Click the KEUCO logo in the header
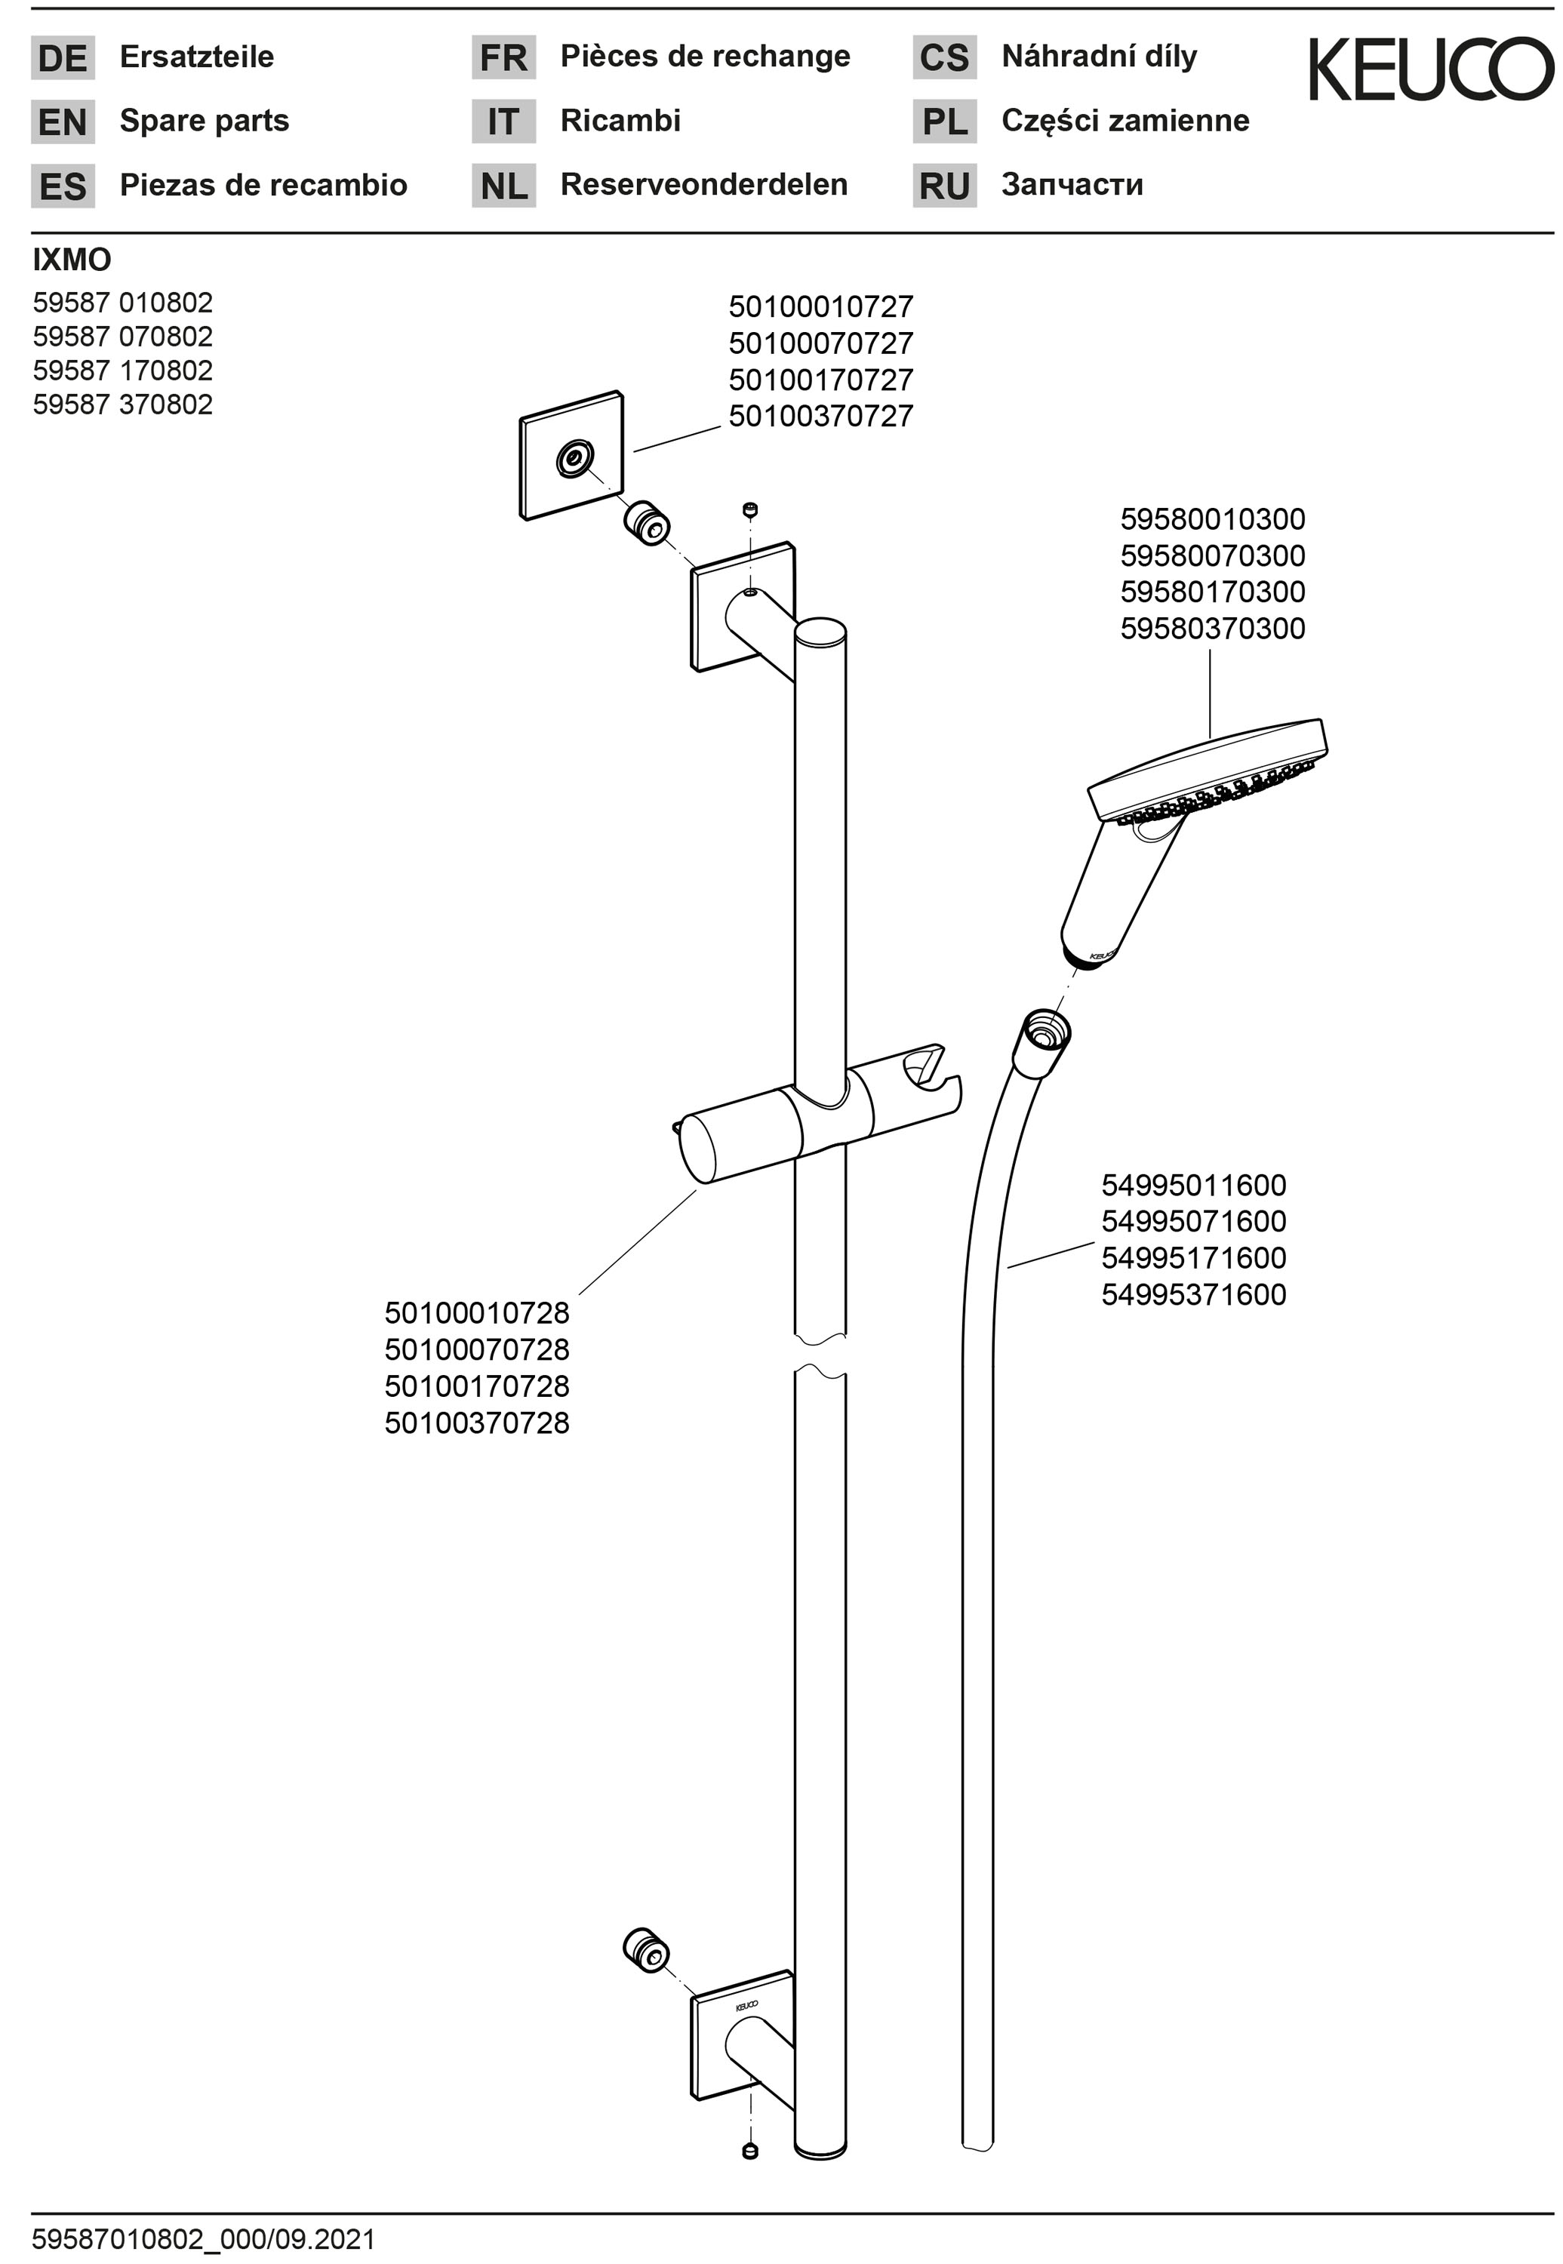click(x=1431, y=69)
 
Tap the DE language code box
click(x=63, y=58)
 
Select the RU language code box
click(x=944, y=185)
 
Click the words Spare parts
click(x=205, y=121)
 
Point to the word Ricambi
click(x=620, y=121)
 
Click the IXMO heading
click(x=72, y=260)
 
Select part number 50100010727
click(x=820, y=306)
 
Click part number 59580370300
click(x=1212, y=628)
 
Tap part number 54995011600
click(x=1194, y=1185)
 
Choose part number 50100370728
click(x=477, y=1422)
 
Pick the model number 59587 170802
click(x=122, y=370)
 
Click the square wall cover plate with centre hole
click(x=571, y=455)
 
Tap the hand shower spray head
click(x=1208, y=774)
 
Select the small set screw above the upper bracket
click(x=750, y=510)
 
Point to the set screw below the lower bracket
click(x=750, y=2150)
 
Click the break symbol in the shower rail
click(x=820, y=1352)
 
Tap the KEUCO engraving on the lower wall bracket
click(x=746, y=2004)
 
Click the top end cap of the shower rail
click(x=820, y=632)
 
